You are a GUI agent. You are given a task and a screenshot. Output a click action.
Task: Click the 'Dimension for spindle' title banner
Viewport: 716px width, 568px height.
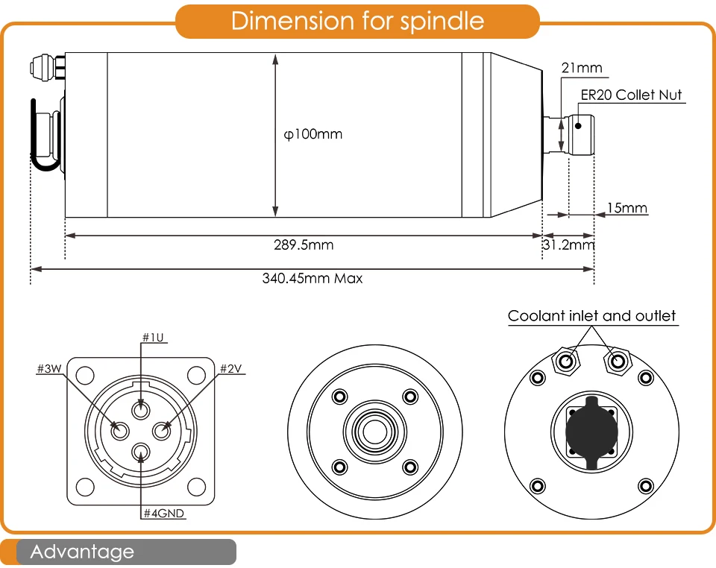357,21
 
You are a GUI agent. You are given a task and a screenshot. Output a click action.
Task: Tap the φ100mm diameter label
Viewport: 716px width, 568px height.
313,135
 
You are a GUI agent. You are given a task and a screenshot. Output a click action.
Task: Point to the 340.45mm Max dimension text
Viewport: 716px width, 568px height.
312,279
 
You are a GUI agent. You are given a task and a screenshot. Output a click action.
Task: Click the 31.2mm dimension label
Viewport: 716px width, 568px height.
568,244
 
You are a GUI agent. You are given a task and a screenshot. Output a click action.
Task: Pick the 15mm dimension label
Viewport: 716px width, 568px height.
626,207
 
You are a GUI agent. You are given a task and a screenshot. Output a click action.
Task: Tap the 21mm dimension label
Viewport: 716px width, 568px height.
582,69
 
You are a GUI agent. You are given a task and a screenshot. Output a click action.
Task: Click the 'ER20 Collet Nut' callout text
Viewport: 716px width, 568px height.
631,95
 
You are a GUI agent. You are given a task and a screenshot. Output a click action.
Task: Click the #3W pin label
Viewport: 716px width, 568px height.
49,368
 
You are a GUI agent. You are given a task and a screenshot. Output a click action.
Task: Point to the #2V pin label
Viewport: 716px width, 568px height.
231,368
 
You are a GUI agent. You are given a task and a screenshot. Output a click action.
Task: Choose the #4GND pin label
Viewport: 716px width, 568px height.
163,513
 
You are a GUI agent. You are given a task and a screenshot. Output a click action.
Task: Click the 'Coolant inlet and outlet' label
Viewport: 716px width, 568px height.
591,316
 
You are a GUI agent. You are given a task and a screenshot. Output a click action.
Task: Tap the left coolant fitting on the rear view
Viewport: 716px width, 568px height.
565,361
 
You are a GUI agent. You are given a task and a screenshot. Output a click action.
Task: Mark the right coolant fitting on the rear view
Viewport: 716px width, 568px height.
617,361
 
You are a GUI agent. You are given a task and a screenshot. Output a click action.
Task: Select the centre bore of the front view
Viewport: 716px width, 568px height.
374,431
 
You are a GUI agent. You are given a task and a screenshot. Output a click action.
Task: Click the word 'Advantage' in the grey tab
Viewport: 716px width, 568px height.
82,552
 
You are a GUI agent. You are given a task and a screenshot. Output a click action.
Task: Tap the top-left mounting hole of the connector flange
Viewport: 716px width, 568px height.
85,375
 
